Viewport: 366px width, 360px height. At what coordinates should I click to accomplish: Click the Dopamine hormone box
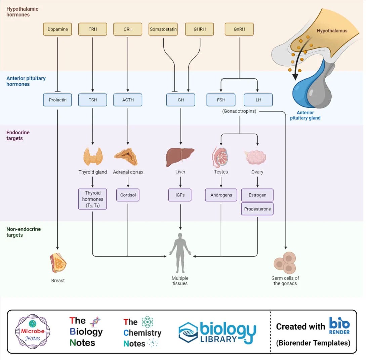point(57,29)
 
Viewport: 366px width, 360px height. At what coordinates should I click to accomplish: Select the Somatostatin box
point(163,29)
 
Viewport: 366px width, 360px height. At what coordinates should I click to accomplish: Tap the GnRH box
point(239,29)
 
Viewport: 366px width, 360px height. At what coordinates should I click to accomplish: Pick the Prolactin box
point(57,100)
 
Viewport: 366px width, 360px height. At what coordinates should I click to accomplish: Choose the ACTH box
point(128,100)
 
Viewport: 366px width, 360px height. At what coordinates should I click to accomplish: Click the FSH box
point(221,100)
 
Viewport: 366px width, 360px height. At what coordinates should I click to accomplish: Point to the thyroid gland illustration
point(93,156)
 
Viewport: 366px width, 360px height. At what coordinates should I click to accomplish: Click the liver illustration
point(180,157)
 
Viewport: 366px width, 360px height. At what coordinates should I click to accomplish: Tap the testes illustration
point(220,157)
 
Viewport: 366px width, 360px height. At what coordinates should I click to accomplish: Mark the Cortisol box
point(128,195)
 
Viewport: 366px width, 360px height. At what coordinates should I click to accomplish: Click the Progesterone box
point(257,209)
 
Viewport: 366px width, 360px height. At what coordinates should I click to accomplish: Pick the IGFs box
point(180,195)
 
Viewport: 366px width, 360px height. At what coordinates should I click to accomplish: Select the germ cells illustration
point(285,263)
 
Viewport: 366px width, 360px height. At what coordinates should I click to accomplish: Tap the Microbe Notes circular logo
point(32,334)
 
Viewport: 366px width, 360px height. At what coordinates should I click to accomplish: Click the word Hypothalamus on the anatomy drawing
point(332,31)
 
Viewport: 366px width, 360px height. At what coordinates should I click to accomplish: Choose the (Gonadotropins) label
point(239,111)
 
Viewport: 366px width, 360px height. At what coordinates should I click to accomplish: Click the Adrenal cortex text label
point(128,172)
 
